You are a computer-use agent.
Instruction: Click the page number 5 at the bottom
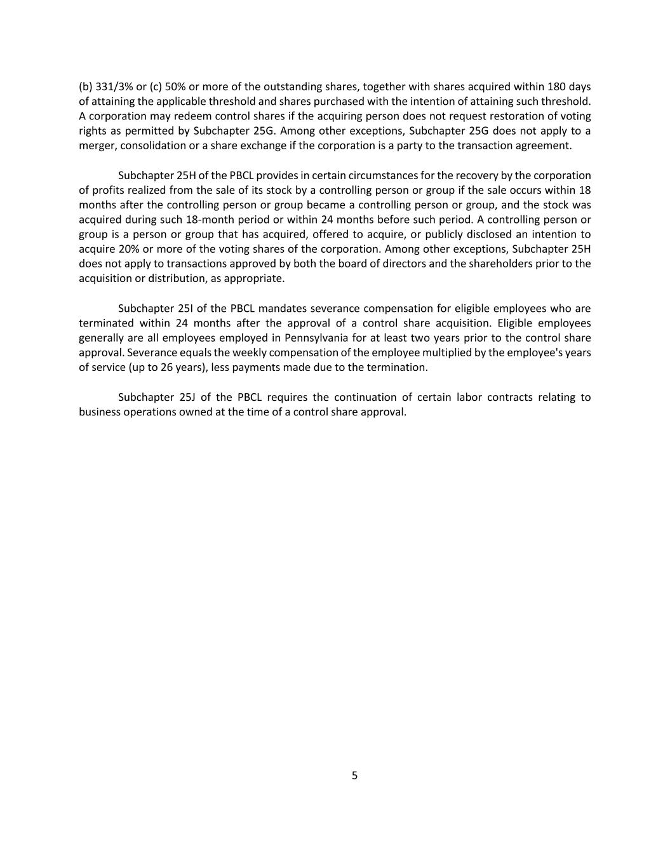(x=354, y=776)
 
